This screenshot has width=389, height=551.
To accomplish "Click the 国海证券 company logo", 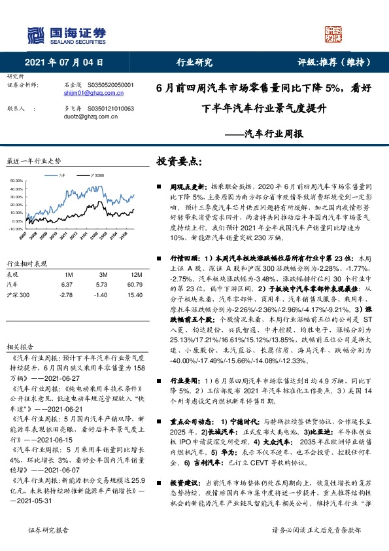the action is click(66, 35).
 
